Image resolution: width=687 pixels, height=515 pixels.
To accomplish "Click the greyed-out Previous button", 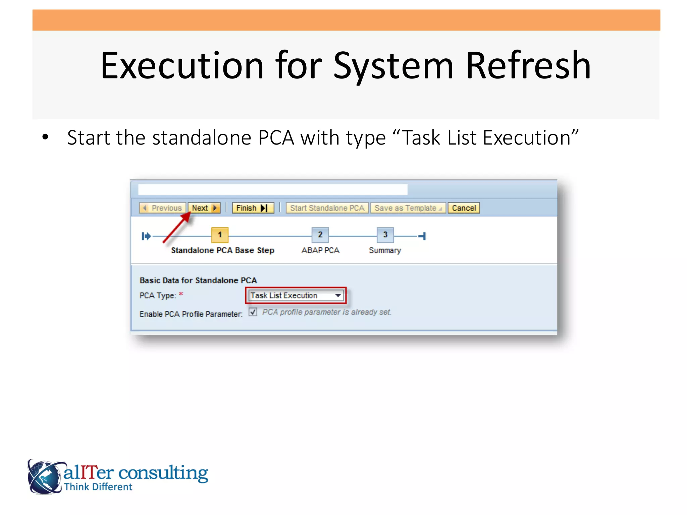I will tap(163, 208).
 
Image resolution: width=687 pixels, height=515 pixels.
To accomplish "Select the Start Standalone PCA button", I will tap(327, 208).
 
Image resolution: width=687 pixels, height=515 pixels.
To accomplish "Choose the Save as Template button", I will tap(408, 208).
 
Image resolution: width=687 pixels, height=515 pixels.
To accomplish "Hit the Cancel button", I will tap(464, 208).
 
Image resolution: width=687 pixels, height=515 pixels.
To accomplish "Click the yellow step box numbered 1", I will tap(220, 235).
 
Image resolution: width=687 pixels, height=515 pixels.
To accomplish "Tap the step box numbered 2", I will tap(320, 235).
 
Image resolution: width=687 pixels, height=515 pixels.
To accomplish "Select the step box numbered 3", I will tap(385, 235).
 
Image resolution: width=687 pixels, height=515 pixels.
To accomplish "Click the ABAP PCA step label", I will tap(320, 250).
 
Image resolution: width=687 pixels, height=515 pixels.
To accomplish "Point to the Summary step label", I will tap(385, 250).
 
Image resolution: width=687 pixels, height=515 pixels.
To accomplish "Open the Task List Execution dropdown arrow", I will tap(338, 295).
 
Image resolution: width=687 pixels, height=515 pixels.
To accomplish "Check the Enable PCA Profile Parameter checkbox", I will tap(253, 312).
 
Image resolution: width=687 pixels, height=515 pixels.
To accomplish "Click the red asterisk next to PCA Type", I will tap(181, 294).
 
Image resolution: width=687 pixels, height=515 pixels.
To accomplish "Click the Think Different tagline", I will tap(98, 487).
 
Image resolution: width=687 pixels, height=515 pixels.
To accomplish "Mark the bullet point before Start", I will tap(45, 137).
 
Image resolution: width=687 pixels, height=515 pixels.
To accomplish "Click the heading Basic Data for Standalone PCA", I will tap(198, 280).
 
